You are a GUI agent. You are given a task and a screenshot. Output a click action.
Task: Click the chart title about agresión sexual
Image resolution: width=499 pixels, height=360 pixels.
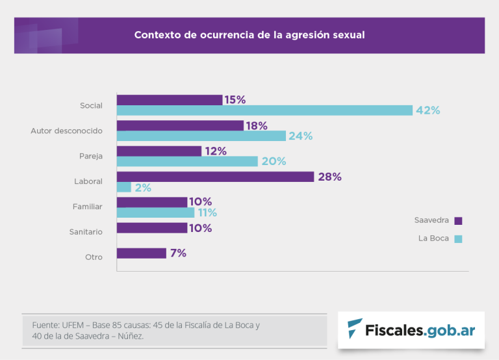[x=249, y=35]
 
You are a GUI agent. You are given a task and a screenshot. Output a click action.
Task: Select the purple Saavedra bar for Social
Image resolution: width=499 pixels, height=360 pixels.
[x=170, y=100]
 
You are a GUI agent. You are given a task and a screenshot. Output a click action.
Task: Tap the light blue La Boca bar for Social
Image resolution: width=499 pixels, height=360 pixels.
[x=264, y=110]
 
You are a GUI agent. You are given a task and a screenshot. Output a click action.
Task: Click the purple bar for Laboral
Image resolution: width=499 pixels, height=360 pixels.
[x=215, y=177]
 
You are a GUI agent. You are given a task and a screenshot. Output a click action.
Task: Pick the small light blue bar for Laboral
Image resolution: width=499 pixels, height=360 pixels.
[x=124, y=187]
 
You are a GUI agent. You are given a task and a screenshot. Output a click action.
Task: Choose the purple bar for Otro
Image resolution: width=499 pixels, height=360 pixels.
[x=142, y=253]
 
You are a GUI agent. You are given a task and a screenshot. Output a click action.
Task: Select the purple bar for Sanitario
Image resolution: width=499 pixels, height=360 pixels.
[x=152, y=228]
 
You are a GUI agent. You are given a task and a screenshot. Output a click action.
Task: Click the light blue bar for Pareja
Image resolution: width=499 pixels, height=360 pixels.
[x=187, y=161]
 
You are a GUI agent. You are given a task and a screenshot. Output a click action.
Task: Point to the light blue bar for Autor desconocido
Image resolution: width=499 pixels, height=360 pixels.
[x=201, y=136]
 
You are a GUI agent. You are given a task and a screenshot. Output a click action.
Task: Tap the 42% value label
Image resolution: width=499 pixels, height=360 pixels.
[x=428, y=110]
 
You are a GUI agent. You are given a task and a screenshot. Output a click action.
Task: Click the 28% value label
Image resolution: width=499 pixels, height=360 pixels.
[x=329, y=177]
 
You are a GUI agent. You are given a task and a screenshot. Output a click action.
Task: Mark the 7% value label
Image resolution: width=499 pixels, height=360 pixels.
[x=178, y=253]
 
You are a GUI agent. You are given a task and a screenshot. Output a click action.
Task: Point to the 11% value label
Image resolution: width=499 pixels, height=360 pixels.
[x=207, y=212]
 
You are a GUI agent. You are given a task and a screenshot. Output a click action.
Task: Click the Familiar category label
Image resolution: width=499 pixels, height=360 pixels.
[x=87, y=207]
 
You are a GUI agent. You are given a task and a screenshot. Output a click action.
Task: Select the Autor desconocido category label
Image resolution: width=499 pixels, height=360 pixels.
[x=66, y=131]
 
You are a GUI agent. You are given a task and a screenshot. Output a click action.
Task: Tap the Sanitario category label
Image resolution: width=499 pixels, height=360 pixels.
[x=86, y=231]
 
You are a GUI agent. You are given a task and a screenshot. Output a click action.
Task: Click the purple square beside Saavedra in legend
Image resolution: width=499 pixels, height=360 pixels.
[x=458, y=221]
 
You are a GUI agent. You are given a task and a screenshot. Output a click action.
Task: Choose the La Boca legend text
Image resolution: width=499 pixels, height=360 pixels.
[x=433, y=238]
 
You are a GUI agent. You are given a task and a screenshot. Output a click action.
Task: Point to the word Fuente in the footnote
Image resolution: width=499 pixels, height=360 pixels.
[x=45, y=324]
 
